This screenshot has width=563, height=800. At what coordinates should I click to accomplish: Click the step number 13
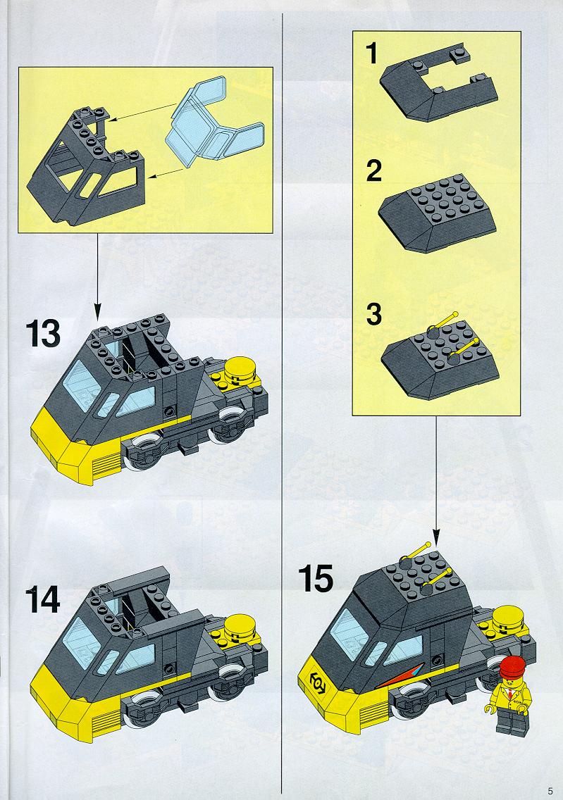[43, 335]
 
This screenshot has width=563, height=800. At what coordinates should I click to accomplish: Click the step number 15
[316, 579]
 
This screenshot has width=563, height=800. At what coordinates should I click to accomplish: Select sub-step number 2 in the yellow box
[374, 170]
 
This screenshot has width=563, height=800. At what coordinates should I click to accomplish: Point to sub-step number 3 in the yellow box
[374, 314]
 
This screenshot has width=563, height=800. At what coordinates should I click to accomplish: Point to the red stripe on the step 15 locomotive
[401, 678]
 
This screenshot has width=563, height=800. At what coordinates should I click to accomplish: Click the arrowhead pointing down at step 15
[435, 536]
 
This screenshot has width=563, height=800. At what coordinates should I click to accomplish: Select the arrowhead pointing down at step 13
[97, 311]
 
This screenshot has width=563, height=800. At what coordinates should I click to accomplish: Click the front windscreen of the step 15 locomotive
[349, 635]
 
